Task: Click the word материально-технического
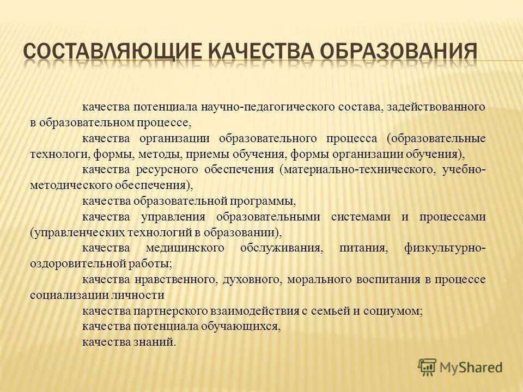point(358,169)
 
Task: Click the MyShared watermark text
point(470,367)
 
